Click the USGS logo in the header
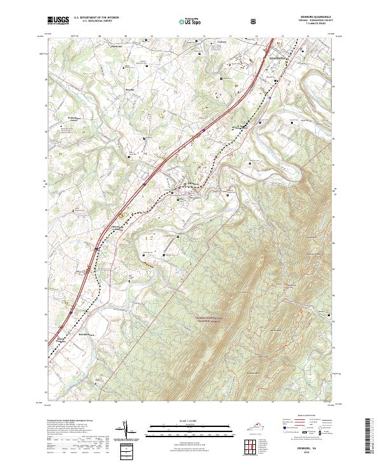click(59, 20)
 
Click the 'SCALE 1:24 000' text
click(190, 419)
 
